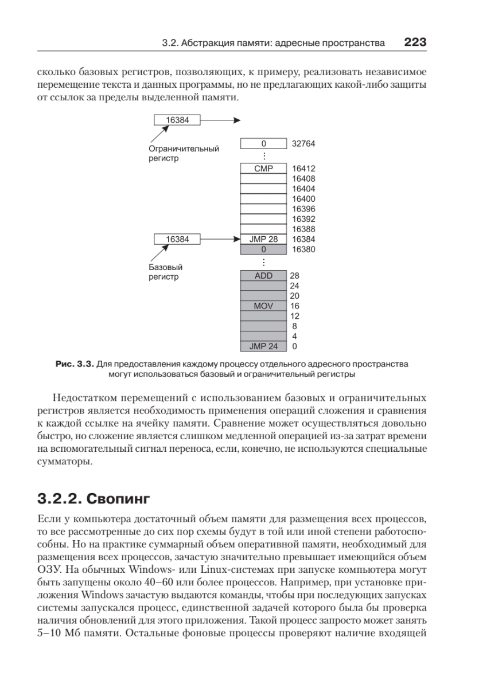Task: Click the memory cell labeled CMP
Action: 263,169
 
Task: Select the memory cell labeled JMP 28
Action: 263,239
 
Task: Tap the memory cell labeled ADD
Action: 263,275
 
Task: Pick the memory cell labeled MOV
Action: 263,306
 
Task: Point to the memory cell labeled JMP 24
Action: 263,346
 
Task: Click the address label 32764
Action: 303,144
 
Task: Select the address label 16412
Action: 303,169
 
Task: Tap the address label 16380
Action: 303,249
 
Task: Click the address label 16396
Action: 303,209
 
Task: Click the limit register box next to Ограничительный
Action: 177,120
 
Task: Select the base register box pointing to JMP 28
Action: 177,239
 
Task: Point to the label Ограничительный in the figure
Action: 180,149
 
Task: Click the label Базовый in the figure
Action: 162,267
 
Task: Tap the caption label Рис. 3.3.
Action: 74,364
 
